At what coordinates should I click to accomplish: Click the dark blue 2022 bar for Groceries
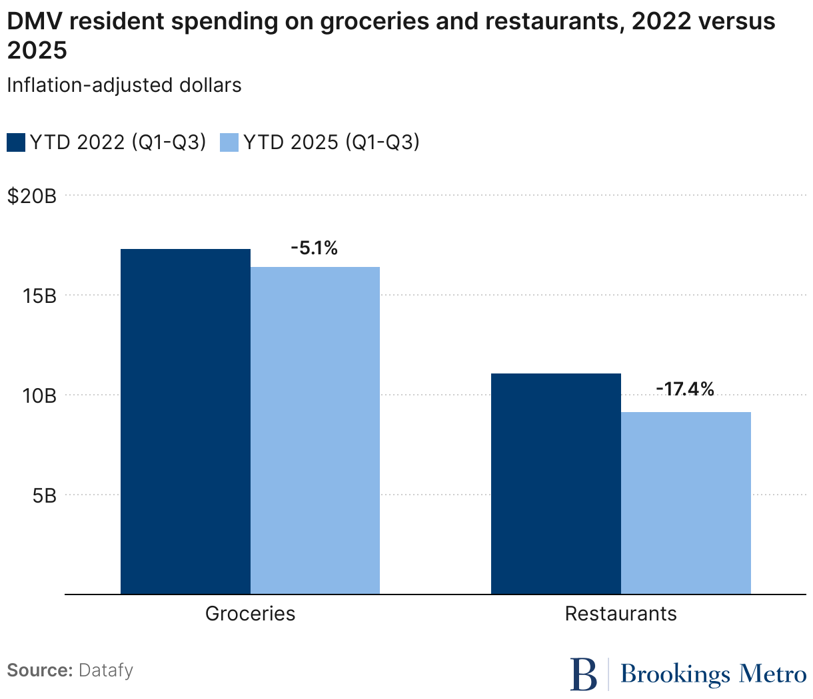pyautogui.click(x=185, y=421)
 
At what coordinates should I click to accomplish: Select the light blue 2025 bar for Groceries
pyautogui.click(x=315, y=430)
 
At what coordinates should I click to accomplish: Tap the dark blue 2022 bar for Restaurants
pyautogui.click(x=556, y=483)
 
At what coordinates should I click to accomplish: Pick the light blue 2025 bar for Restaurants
pyautogui.click(x=686, y=503)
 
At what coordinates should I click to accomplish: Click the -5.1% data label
pyautogui.click(x=314, y=248)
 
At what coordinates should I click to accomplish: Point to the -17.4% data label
pyautogui.click(x=684, y=389)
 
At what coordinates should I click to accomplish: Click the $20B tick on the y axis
pyautogui.click(x=32, y=196)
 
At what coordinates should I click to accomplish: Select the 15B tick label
pyautogui.click(x=39, y=296)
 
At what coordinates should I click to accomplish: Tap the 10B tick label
pyautogui.click(x=39, y=395)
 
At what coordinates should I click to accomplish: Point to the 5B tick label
pyautogui.click(x=44, y=495)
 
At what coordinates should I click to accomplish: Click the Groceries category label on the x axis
pyautogui.click(x=250, y=613)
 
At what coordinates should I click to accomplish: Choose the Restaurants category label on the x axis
pyautogui.click(x=620, y=613)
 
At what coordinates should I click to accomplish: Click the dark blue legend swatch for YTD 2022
pyautogui.click(x=16, y=142)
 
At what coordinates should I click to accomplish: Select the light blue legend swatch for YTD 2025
pyautogui.click(x=229, y=142)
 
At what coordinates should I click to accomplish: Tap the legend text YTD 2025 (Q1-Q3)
pyautogui.click(x=331, y=142)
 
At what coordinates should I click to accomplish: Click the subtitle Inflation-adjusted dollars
pyautogui.click(x=124, y=85)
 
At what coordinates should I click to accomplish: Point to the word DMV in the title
pyautogui.click(x=33, y=22)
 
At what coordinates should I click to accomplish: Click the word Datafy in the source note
pyautogui.click(x=106, y=670)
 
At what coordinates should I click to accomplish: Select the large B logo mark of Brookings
pyautogui.click(x=584, y=674)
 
